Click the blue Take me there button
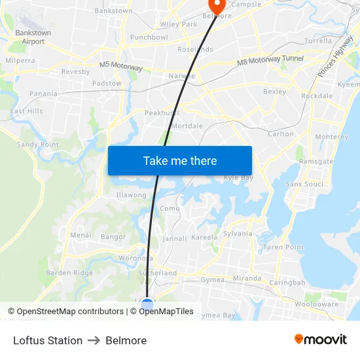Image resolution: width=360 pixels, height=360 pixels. coord(179,160)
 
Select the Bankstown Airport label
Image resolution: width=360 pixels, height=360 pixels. coord(33,37)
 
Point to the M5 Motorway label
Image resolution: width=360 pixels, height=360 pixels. coord(121,65)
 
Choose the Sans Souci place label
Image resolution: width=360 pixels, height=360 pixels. coord(304,184)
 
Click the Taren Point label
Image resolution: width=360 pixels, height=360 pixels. coord(283,247)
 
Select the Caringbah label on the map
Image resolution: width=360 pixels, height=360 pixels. coord(287,283)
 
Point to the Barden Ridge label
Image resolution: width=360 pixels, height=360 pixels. coord(69,273)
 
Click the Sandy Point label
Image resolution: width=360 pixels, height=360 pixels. coord(37,144)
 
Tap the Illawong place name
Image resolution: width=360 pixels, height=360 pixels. coord(131,195)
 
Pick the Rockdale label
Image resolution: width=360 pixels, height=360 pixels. coord(317,96)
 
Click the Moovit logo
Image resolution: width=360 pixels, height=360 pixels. coord(320,340)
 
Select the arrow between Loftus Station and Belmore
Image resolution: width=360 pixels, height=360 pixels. coord(94,340)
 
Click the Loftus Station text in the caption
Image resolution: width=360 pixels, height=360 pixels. coord(48,340)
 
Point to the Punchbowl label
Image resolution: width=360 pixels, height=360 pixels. coord(149,37)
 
